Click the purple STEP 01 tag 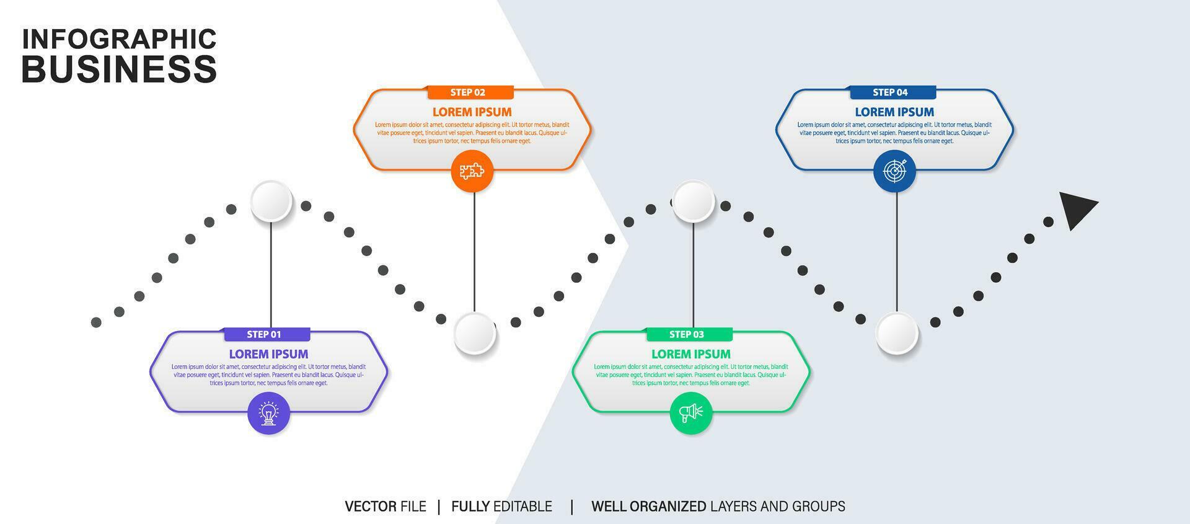click(267, 334)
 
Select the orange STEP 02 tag click(470, 92)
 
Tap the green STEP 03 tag click(689, 334)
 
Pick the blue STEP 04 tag click(892, 92)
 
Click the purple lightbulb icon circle click(268, 413)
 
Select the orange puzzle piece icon click(472, 171)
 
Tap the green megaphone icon click(691, 413)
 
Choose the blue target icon click(894, 171)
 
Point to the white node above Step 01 click(271, 201)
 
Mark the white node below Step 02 click(475, 333)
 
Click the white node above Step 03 click(694, 201)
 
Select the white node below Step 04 click(897, 333)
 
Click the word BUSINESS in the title click(119, 68)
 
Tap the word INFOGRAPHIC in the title click(119, 38)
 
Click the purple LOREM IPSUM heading click(268, 354)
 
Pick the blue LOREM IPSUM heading click(894, 112)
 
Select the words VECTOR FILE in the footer click(386, 507)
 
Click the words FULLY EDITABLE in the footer click(501, 507)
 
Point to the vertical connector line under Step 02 click(475, 251)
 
